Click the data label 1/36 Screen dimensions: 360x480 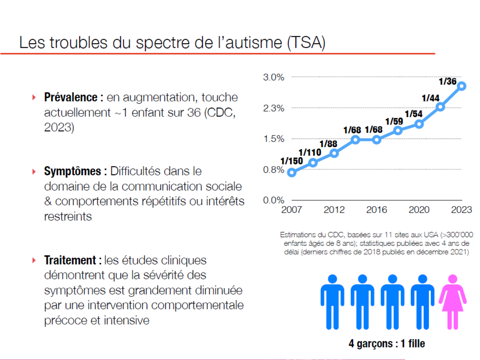pyautogui.click(x=447, y=82)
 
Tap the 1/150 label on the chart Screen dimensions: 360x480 pyautogui.click(x=292, y=161)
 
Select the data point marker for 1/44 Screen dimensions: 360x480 pyautogui.click(x=440, y=107)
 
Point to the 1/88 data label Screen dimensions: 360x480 pyautogui.click(x=328, y=144)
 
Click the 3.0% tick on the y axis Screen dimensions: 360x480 pyautogui.click(x=274, y=77)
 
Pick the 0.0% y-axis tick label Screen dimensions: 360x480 pyautogui.click(x=274, y=200)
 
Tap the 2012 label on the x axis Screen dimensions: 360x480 pyautogui.click(x=334, y=210)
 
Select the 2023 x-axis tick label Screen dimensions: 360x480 pyautogui.click(x=461, y=210)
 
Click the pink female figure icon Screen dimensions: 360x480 pyautogui.click(x=452, y=302)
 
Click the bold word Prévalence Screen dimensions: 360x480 pyautogui.click(x=71, y=97)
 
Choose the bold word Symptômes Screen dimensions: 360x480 pyautogui.click(x=73, y=171)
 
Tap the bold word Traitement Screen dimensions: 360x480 pyautogui.click(x=70, y=260)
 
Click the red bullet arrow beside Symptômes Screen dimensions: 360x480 pyautogui.click(x=34, y=172)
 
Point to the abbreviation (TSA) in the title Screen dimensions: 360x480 pyautogui.click(x=306, y=43)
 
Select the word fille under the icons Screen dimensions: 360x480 pyautogui.click(x=417, y=344)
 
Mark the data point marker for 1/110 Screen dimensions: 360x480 pyautogui.click(x=313, y=163)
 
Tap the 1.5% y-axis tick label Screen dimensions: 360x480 pyautogui.click(x=274, y=139)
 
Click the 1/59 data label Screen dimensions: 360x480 pyautogui.click(x=394, y=122)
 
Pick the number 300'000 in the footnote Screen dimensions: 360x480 pyautogui.click(x=460, y=235)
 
